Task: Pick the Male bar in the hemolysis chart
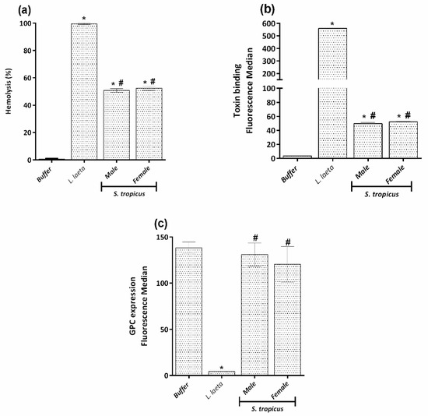pos(116,125)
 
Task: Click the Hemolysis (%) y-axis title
pos(10,91)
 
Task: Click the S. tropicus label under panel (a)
pos(131,192)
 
